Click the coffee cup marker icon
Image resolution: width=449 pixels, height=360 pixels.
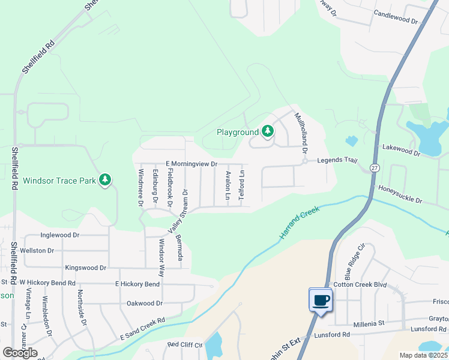(321, 299)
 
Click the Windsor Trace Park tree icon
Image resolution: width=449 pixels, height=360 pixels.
(105, 180)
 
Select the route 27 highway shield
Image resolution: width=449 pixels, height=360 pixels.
(375, 167)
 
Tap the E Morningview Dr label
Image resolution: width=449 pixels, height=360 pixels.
(191, 164)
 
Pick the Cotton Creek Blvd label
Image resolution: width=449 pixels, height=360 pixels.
(360, 284)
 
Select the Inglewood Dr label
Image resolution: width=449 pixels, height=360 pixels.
(60, 235)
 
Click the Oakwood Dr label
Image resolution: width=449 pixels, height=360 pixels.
(145, 304)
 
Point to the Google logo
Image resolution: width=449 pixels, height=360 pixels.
(20, 352)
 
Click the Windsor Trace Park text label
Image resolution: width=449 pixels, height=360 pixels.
(59, 180)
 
